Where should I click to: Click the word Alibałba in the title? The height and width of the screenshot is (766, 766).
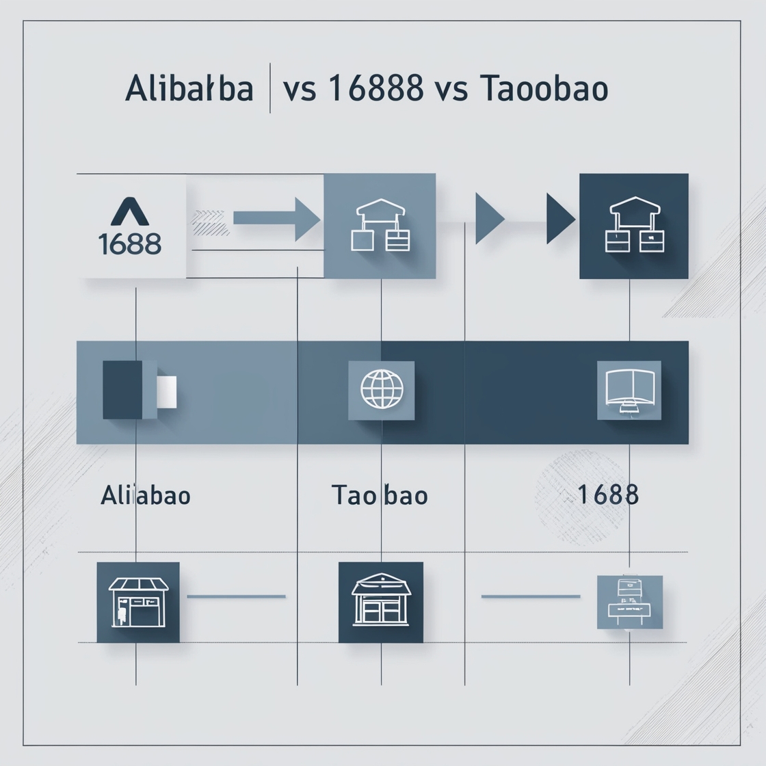click(189, 90)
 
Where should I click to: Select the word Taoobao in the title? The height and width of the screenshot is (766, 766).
click(544, 90)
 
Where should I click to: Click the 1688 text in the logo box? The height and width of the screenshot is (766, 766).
click(130, 243)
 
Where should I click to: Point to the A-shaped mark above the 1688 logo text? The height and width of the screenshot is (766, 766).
click(130, 212)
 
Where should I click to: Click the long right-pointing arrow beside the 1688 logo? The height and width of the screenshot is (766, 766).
click(276, 219)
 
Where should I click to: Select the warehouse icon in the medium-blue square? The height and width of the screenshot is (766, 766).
click(380, 226)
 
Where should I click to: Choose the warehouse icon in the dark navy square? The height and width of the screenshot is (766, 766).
click(634, 226)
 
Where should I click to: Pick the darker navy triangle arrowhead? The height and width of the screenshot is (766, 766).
click(559, 219)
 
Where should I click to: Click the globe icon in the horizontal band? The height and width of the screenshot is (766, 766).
click(382, 390)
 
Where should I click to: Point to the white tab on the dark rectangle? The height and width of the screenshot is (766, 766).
click(167, 391)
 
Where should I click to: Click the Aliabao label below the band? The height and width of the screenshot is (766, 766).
click(146, 495)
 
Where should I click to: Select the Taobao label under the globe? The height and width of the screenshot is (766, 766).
click(380, 495)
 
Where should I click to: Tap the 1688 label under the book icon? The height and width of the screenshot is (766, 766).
click(608, 494)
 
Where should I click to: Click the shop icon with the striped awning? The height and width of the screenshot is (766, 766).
click(138, 602)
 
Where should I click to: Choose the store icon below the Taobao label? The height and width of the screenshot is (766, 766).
click(381, 602)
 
